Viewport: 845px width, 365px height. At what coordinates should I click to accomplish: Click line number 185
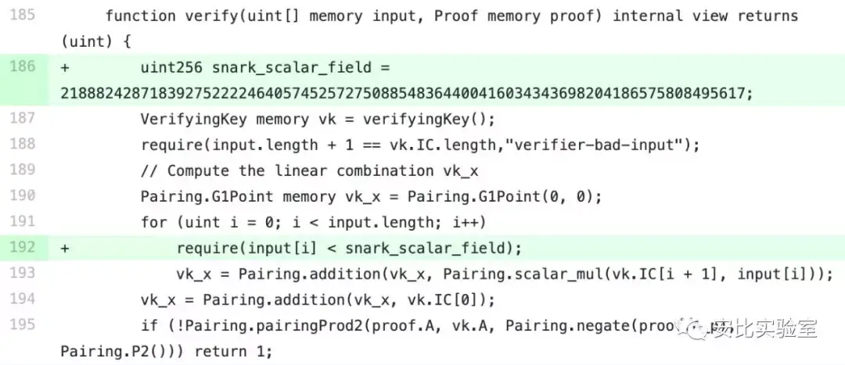click(x=23, y=16)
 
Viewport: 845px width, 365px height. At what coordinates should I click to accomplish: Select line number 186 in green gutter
click(x=23, y=67)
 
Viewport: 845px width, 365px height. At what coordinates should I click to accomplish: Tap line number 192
click(x=23, y=248)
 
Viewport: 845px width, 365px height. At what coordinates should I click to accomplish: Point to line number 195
click(x=23, y=325)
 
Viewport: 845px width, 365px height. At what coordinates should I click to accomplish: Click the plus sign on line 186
click(x=65, y=68)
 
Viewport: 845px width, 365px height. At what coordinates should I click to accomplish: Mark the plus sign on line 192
click(x=65, y=249)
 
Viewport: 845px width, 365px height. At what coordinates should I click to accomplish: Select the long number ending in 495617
click(x=406, y=94)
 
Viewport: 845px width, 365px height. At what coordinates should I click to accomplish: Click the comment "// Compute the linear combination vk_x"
click(x=309, y=171)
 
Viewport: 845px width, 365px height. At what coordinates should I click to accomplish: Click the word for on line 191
click(x=153, y=223)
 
